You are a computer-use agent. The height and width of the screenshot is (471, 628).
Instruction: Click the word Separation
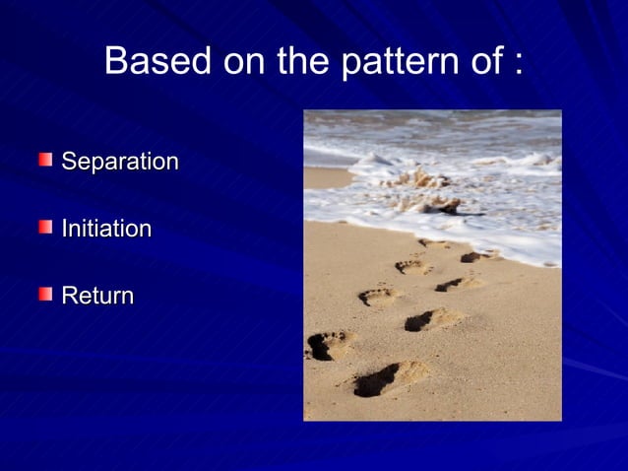[120, 162]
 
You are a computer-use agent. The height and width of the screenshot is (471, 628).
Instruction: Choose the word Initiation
[106, 229]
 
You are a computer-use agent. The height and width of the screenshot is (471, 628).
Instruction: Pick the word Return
[97, 295]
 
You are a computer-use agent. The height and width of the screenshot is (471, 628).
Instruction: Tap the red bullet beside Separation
[45, 159]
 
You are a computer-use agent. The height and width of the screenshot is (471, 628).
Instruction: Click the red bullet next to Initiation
[45, 227]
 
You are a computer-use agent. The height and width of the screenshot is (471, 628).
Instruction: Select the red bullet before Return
[45, 293]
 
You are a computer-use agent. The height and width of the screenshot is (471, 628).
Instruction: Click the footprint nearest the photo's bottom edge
[389, 377]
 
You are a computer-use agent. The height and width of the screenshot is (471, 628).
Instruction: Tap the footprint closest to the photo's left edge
[331, 344]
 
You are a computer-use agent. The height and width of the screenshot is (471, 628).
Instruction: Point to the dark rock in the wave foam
[443, 206]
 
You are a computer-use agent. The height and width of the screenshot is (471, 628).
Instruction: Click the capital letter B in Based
[116, 61]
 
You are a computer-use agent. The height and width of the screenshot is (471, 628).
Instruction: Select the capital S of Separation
[69, 162]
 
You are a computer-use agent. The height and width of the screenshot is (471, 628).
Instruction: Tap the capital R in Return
[69, 295]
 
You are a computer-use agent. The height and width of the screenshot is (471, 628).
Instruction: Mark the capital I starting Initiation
[65, 229]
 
